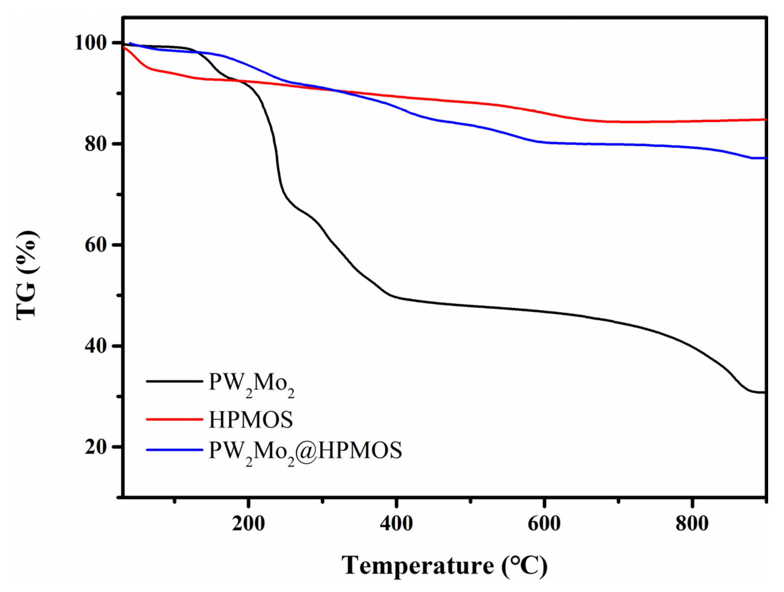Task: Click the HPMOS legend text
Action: point(251,419)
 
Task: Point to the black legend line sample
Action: point(174,381)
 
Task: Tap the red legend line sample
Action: point(174,419)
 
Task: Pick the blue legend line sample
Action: point(174,450)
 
